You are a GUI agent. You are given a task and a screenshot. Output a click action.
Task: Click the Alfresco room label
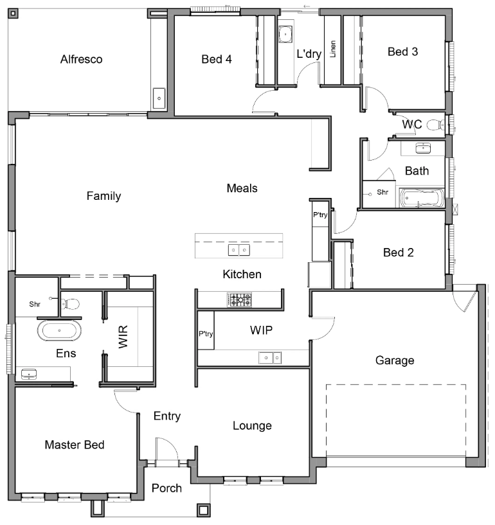81,59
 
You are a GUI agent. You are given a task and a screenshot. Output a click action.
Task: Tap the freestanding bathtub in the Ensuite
59,331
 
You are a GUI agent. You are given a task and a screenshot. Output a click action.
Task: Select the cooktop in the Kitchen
239,299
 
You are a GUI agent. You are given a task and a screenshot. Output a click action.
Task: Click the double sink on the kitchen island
239,249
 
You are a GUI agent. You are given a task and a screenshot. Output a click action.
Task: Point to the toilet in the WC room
437,125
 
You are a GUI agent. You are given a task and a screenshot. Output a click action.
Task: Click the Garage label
394,360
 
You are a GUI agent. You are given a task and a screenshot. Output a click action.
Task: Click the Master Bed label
74,445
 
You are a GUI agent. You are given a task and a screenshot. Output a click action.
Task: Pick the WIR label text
123,337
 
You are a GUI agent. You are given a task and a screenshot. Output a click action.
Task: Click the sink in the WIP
270,357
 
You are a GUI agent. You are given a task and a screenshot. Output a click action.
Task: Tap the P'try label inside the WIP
206,334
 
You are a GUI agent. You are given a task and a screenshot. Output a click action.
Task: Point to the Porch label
166,488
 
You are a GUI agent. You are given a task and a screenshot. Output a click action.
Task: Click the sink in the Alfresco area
159,99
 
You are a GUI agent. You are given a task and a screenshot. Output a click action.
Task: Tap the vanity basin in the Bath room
422,149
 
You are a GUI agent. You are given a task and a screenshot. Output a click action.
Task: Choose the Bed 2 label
398,253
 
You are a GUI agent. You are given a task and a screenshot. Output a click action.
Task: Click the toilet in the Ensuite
71,303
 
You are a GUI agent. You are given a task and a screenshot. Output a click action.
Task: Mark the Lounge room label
252,425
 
